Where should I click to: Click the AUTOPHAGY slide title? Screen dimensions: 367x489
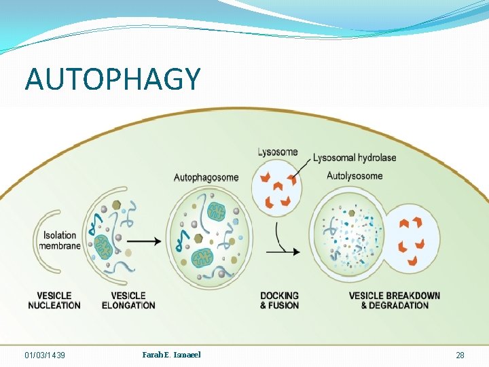coord(113,79)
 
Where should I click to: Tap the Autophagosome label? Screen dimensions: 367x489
coord(206,177)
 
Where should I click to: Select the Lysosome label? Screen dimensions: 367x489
coord(278,152)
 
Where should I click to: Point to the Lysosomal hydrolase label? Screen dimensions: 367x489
coord(355,158)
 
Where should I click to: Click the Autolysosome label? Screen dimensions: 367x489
coord(355,176)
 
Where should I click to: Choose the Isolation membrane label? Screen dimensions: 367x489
coord(60,241)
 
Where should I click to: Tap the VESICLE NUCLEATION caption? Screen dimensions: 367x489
coord(54,300)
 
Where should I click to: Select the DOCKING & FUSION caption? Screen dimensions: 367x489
coord(279,300)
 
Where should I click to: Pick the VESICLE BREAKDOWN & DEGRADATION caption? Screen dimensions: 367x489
coord(394,300)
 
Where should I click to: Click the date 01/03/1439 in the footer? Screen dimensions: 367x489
coord(45,355)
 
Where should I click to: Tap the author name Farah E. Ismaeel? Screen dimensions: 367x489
coord(171,355)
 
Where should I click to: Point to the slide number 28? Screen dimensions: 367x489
coord(460,355)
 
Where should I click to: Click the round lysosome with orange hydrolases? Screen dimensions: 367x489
coord(278,186)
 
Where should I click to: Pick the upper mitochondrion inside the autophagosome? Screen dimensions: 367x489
coord(216,211)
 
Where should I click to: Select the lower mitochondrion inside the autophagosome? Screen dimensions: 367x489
coord(202,257)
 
